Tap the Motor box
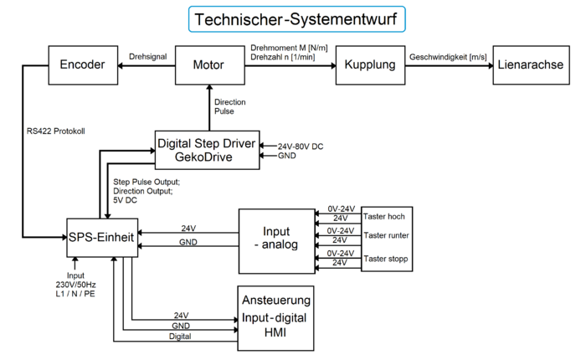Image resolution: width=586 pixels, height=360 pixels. (x=208, y=64)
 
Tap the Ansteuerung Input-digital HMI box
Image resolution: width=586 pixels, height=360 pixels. (x=275, y=316)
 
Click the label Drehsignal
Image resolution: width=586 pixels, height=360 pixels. (x=149, y=57)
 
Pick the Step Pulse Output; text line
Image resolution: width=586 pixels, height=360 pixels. (x=147, y=181)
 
